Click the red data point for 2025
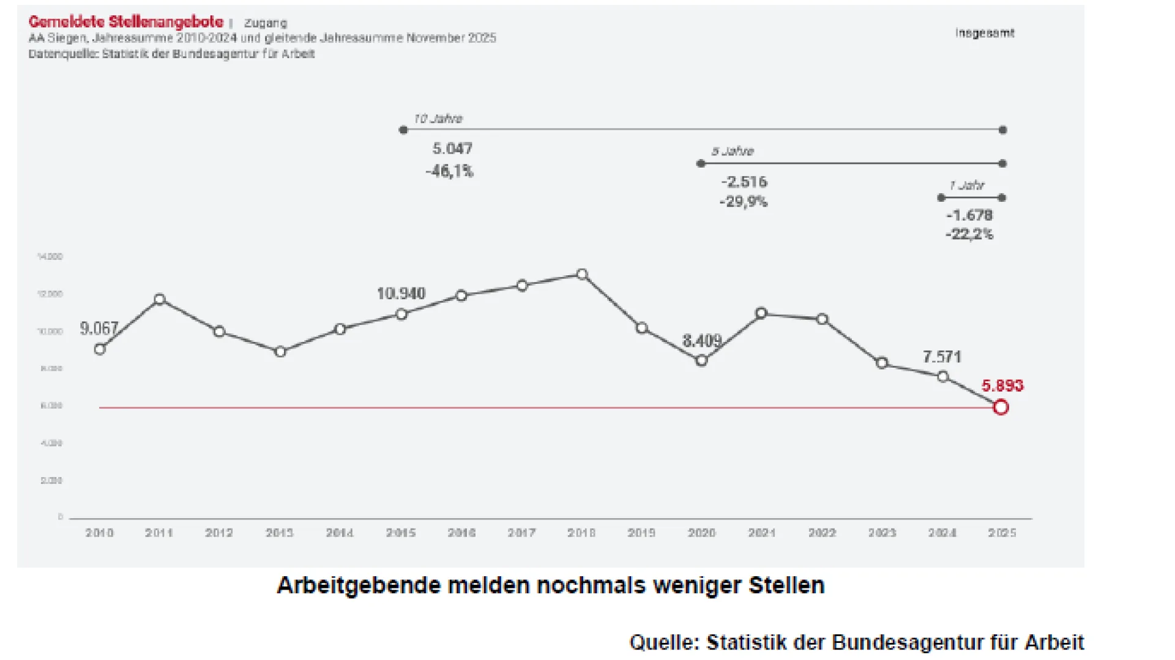click(1001, 407)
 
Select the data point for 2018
click(582, 275)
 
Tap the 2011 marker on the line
click(160, 300)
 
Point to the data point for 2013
click(280, 352)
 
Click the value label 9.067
click(99, 328)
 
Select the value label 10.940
click(401, 294)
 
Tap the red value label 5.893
click(1002, 386)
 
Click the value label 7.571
click(942, 357)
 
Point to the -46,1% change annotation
click(449, 171)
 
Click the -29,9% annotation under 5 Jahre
click(743, 202)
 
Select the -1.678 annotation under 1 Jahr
click(969, 215)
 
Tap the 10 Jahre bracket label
click(438, 119)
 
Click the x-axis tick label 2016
click(461, 533)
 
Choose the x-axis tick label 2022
click(822, 533)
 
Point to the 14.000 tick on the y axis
click(50, 256)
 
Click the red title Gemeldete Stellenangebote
click(126, 22)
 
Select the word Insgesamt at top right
click(985, 33)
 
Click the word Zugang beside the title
click(266, 23)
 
